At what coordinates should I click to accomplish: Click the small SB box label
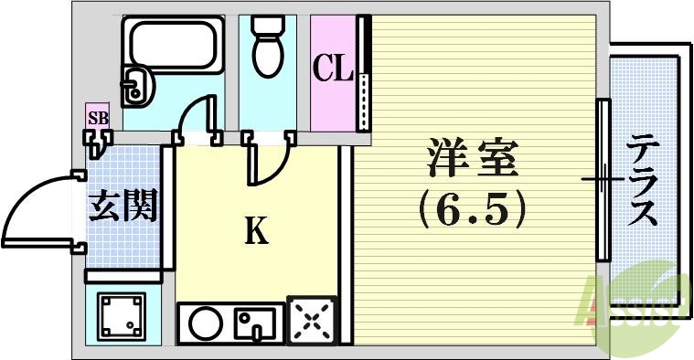point(97,118)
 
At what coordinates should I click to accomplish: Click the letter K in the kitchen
point(256,233)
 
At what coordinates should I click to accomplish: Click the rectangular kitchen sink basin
point(255,322)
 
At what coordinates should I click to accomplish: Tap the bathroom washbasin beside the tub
point(140,87)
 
